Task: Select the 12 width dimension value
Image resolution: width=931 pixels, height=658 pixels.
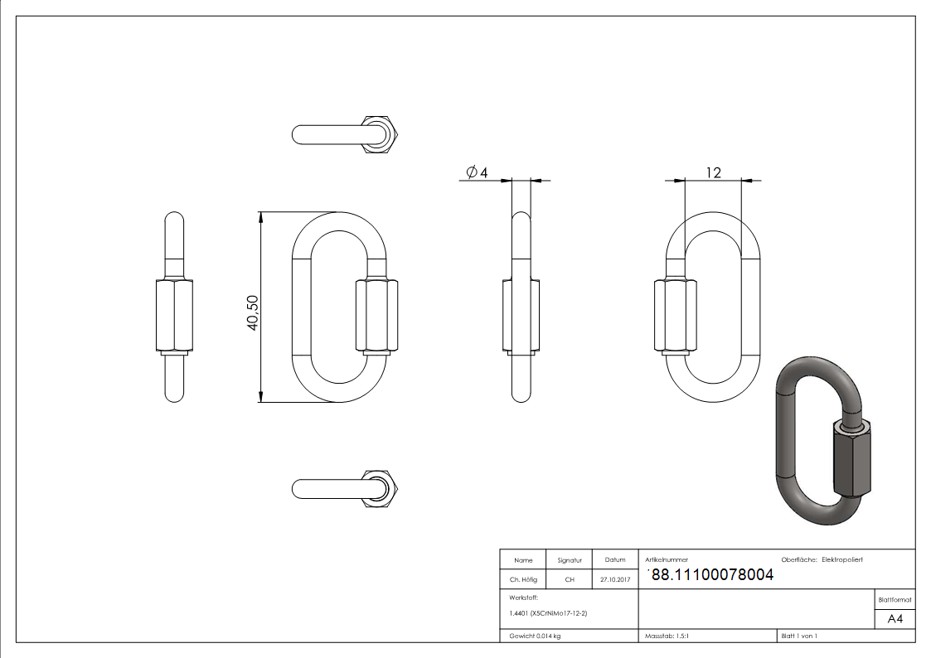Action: click(713, 172)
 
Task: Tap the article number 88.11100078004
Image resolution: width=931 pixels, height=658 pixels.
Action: click(713, 574)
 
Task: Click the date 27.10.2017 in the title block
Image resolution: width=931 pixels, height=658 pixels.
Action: click(615, 580)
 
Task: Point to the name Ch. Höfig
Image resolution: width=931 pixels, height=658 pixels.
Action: click(523, 580)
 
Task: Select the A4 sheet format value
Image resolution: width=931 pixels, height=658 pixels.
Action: click(895, 619)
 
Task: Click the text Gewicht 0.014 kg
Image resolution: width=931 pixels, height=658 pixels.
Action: click(536, 636)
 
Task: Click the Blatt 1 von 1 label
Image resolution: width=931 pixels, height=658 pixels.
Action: click(799, 636)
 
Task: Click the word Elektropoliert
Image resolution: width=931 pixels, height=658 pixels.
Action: click(842, 560)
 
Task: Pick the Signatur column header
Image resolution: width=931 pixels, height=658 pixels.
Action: click(570, 560)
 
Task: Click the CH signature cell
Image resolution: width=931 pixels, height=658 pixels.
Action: click(570, 580)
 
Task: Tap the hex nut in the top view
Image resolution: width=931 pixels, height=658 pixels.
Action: click(381, 134)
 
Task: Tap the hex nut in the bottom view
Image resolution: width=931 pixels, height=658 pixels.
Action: click(381, 488)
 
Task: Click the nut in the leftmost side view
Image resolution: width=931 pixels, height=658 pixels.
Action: click(174, 316)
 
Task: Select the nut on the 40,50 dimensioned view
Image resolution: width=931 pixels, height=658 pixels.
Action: click(376, 316)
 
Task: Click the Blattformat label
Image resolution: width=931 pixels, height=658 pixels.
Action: click(895, 599)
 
